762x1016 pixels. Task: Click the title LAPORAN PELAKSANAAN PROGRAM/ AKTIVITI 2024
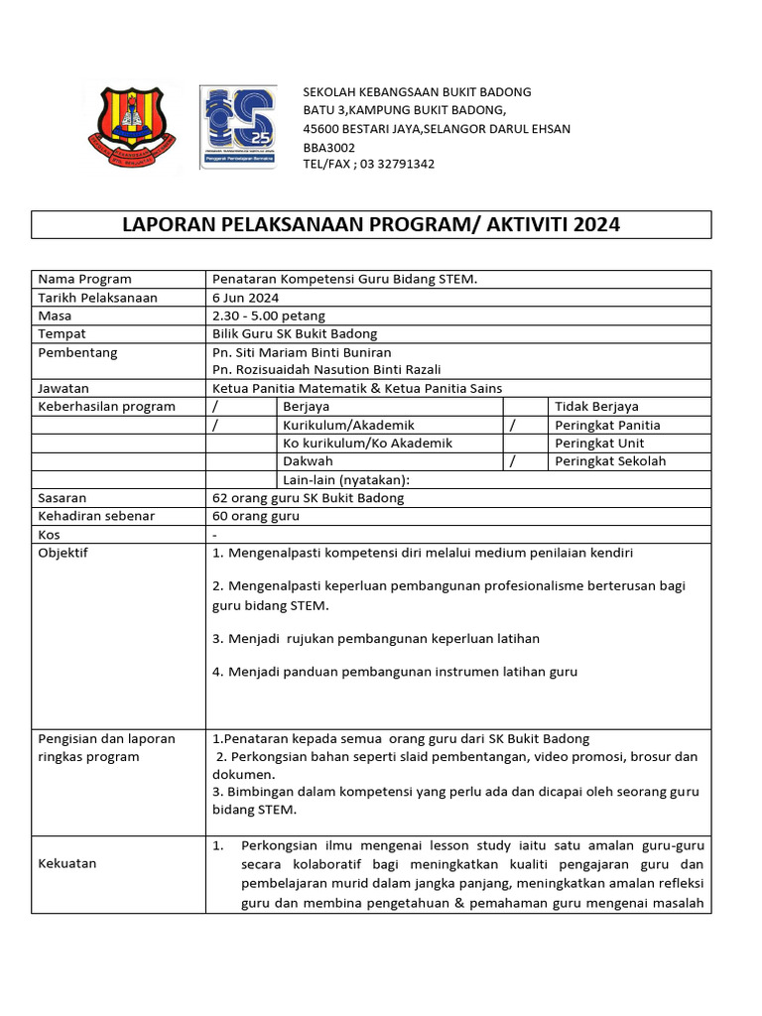[371, 224]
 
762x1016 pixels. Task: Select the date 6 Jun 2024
[246, 298]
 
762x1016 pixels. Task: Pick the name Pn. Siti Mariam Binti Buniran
[302, 352]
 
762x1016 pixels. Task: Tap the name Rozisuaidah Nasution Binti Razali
[313, 369]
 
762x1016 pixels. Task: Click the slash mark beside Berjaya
[215, 406]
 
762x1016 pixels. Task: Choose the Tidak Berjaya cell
[596, 406]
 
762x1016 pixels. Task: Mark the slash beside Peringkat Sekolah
[513, 461]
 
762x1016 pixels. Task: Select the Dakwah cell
[308, 461]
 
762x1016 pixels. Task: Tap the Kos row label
[49, 535]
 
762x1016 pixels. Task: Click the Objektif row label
[63, 553]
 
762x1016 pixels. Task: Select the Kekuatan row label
[67, 863]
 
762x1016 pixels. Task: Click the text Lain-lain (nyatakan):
[346, 479]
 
